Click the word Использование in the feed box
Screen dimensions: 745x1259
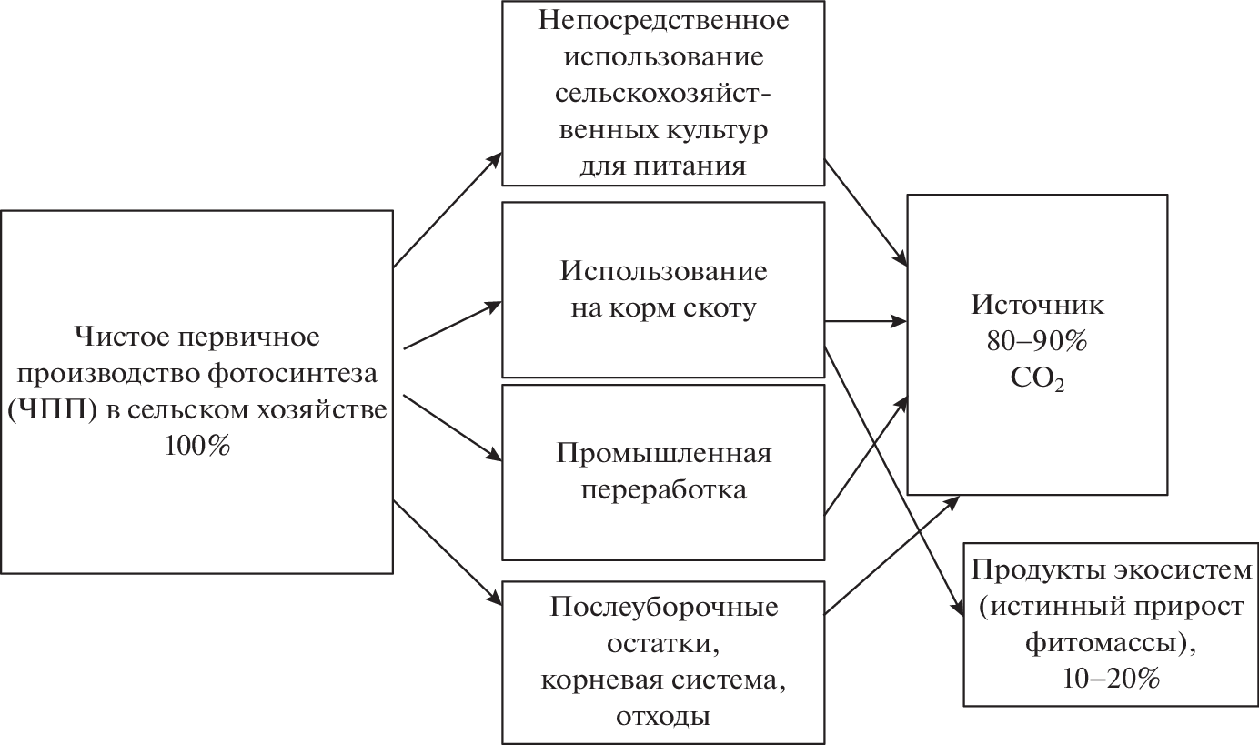click(663, 272)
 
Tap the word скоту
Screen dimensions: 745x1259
click(719, 308)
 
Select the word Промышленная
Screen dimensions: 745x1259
click(663, 453)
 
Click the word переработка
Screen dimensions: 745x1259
click(663, 489)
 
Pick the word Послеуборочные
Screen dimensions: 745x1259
click(663, 607)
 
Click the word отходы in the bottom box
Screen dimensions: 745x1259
click(663, 716)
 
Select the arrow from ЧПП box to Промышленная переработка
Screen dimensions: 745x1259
click(450, 428)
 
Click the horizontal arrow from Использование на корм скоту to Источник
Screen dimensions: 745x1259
click(864, 320)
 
